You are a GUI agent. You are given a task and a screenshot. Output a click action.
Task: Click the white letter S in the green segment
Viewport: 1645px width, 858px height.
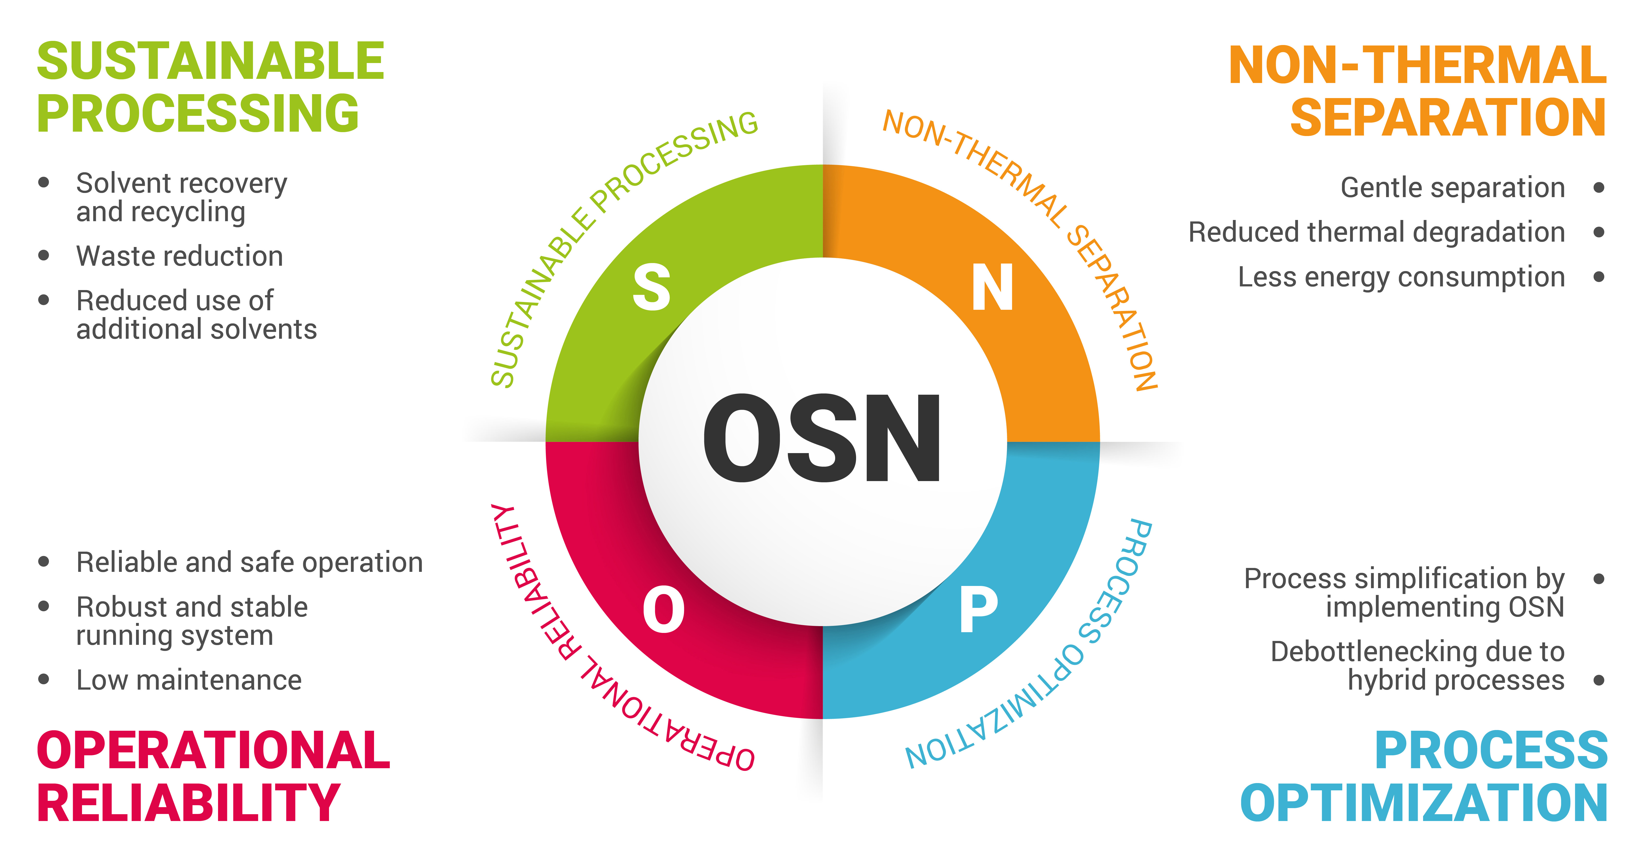coord(651,287)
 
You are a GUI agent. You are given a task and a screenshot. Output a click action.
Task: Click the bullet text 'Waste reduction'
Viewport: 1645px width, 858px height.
coord(179,256)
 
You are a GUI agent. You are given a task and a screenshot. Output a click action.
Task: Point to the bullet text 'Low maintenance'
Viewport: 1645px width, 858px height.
coord(189,680)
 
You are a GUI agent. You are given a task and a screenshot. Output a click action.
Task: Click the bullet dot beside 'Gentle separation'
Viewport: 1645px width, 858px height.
coord(1599,188)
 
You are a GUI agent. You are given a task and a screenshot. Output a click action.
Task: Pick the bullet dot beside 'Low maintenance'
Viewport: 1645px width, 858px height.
coord(43,679)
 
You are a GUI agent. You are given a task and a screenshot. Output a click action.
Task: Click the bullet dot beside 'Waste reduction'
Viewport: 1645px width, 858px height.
coord(43,255)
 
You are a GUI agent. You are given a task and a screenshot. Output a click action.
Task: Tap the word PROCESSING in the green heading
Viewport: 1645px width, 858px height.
coord(198,114)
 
